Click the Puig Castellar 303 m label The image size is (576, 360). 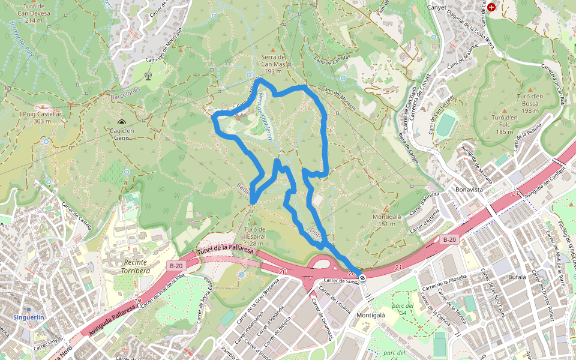click(x=42, y=117)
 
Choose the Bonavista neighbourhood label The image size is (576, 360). click(x=469, y=189)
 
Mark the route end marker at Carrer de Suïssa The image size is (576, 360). click(x=362, y=278)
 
